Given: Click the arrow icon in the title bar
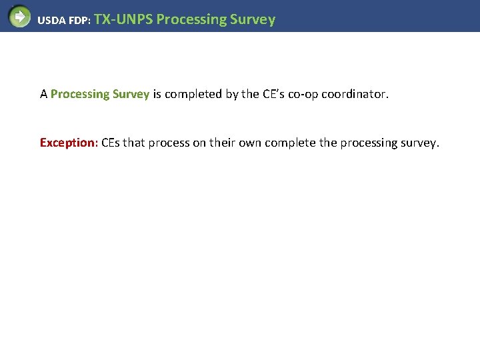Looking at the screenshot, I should coord(19,16).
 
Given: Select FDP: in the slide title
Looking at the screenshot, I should coord(79,20).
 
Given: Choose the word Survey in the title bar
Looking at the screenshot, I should coord(252,19).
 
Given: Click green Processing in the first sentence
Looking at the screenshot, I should coord(79,94).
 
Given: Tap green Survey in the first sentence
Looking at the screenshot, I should coord(131,94).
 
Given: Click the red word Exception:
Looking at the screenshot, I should coord(69,143).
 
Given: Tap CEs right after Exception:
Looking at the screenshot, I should coord(111,143).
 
